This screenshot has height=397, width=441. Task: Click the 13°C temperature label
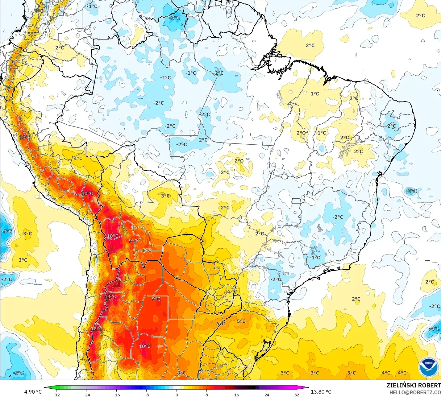[x=110, y=296]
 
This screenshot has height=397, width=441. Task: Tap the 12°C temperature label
[x=96, y=329]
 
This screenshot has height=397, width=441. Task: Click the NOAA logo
[x=428, y=367]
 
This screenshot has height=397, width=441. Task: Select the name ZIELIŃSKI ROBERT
[x=414, y=385]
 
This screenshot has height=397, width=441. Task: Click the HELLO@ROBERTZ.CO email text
[x=415, y=392]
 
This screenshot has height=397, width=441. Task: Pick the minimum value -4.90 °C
[x=32, y=391]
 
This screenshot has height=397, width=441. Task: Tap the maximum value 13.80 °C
[x=321, y=391]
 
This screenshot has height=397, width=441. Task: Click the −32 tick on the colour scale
[x=56, y=395]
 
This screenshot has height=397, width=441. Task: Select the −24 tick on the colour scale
[x=86, y=395]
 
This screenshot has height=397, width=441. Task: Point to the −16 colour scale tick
[x=116, y=395]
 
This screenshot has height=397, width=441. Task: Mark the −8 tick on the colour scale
[x=147, y=395]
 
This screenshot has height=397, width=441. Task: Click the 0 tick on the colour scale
[x=177, y=395]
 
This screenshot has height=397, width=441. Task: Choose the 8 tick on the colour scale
[x=206, y=395]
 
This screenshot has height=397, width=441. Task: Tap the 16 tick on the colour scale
[x=237, y=395]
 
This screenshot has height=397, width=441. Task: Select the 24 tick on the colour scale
[x=267, y=395]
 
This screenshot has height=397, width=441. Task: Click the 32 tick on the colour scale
[x=297, y=395]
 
